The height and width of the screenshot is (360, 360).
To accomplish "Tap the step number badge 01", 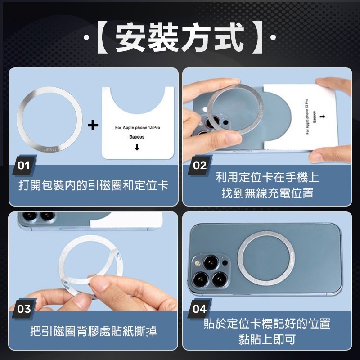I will point(24,166).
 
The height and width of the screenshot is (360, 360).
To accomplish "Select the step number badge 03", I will point(24,309).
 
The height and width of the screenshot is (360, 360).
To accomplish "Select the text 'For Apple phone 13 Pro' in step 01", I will point(138,128).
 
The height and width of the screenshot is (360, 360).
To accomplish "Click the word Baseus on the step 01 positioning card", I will point(137,136).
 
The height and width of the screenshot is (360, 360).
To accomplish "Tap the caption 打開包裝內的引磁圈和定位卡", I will point(94,185).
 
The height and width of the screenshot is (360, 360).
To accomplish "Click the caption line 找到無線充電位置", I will point(267,194).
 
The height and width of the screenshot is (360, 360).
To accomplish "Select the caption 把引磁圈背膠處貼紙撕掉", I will point(94,332).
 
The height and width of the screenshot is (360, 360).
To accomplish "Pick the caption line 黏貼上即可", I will point(267,340).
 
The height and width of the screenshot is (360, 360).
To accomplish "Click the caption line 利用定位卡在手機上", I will point(267,177).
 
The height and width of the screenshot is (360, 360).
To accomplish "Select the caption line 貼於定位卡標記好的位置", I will point(267,323).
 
